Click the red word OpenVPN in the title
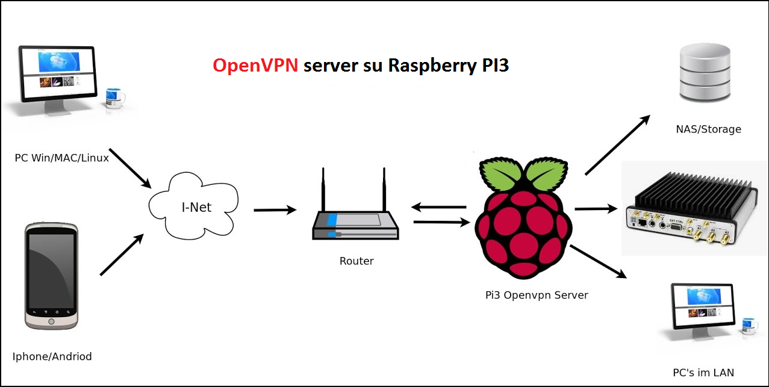(255, 65)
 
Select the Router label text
(356, 261)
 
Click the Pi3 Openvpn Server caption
(537, 295)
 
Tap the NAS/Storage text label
(708, 129)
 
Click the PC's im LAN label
(703, 373)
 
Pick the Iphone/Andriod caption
(52, 356)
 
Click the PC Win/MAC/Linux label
(62, 158)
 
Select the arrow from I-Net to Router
(275, 210)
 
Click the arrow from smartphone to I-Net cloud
(122, 255)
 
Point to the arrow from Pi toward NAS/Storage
(617, 144)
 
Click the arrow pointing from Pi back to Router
(438, 207)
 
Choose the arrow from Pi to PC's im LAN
(598, 262)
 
